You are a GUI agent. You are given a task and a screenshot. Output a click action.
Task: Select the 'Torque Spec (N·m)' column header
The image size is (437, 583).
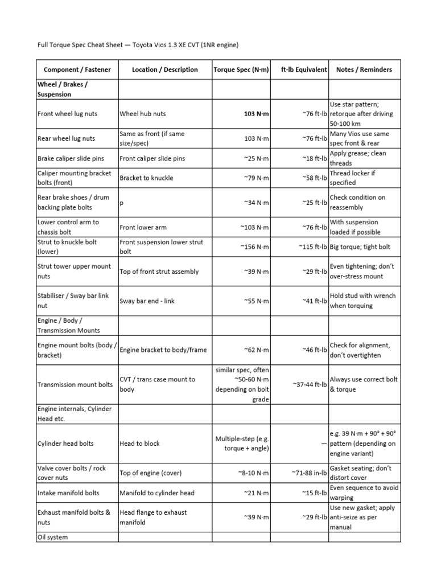[241, 69]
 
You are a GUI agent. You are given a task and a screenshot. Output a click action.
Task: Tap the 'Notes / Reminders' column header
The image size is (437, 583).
[364, 69]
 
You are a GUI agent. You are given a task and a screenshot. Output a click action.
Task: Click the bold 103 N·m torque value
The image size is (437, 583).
[256, 114]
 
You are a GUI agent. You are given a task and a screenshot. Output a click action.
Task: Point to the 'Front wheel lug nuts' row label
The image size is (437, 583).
[67, 114]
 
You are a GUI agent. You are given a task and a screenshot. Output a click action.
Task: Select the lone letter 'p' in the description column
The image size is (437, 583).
[122, 203]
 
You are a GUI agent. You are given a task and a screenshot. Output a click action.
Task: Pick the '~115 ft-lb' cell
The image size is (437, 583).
[312, 247]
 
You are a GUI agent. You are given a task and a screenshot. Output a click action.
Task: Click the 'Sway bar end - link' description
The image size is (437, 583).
[147, 301]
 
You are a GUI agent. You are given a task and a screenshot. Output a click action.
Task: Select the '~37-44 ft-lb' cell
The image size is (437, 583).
[310, 385]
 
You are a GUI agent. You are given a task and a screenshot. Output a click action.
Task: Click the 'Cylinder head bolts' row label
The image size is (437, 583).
[65, 444]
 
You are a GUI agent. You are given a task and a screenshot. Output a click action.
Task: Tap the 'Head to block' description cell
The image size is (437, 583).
[139, 444]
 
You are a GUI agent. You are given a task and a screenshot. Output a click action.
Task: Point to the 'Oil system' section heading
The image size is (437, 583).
[52, 537]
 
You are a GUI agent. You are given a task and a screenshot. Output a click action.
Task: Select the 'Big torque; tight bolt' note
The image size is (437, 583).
[365, 247]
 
